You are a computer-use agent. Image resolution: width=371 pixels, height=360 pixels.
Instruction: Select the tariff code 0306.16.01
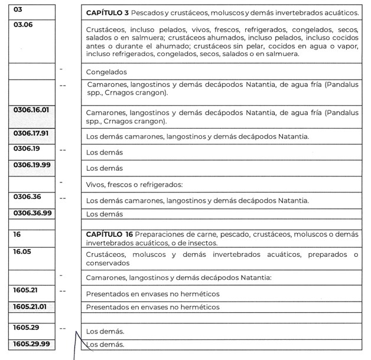32,110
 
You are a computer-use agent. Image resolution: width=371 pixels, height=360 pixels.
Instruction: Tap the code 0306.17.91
32,133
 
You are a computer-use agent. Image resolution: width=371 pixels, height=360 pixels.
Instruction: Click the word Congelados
107,72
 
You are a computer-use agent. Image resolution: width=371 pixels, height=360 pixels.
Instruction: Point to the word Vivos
96,184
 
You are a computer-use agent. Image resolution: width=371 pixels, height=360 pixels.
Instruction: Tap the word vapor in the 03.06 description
346,45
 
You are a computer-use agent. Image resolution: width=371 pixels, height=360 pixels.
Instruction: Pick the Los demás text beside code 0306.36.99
105,214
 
